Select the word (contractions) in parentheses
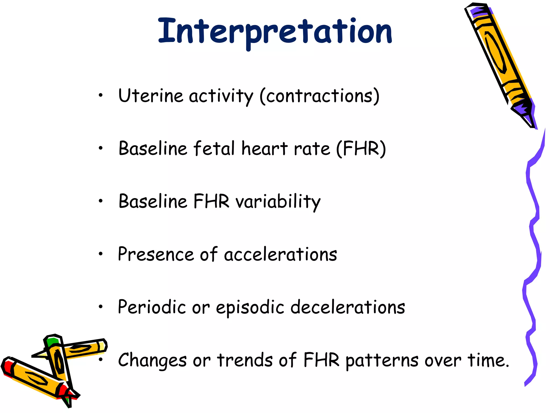click(320, 96)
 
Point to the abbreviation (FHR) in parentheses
click(361, 148)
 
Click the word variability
click(278, 202)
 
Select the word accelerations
click(280, 254)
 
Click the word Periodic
click(152, 307)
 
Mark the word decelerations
click(348, 307)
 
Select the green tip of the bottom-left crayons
click(53, 342)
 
